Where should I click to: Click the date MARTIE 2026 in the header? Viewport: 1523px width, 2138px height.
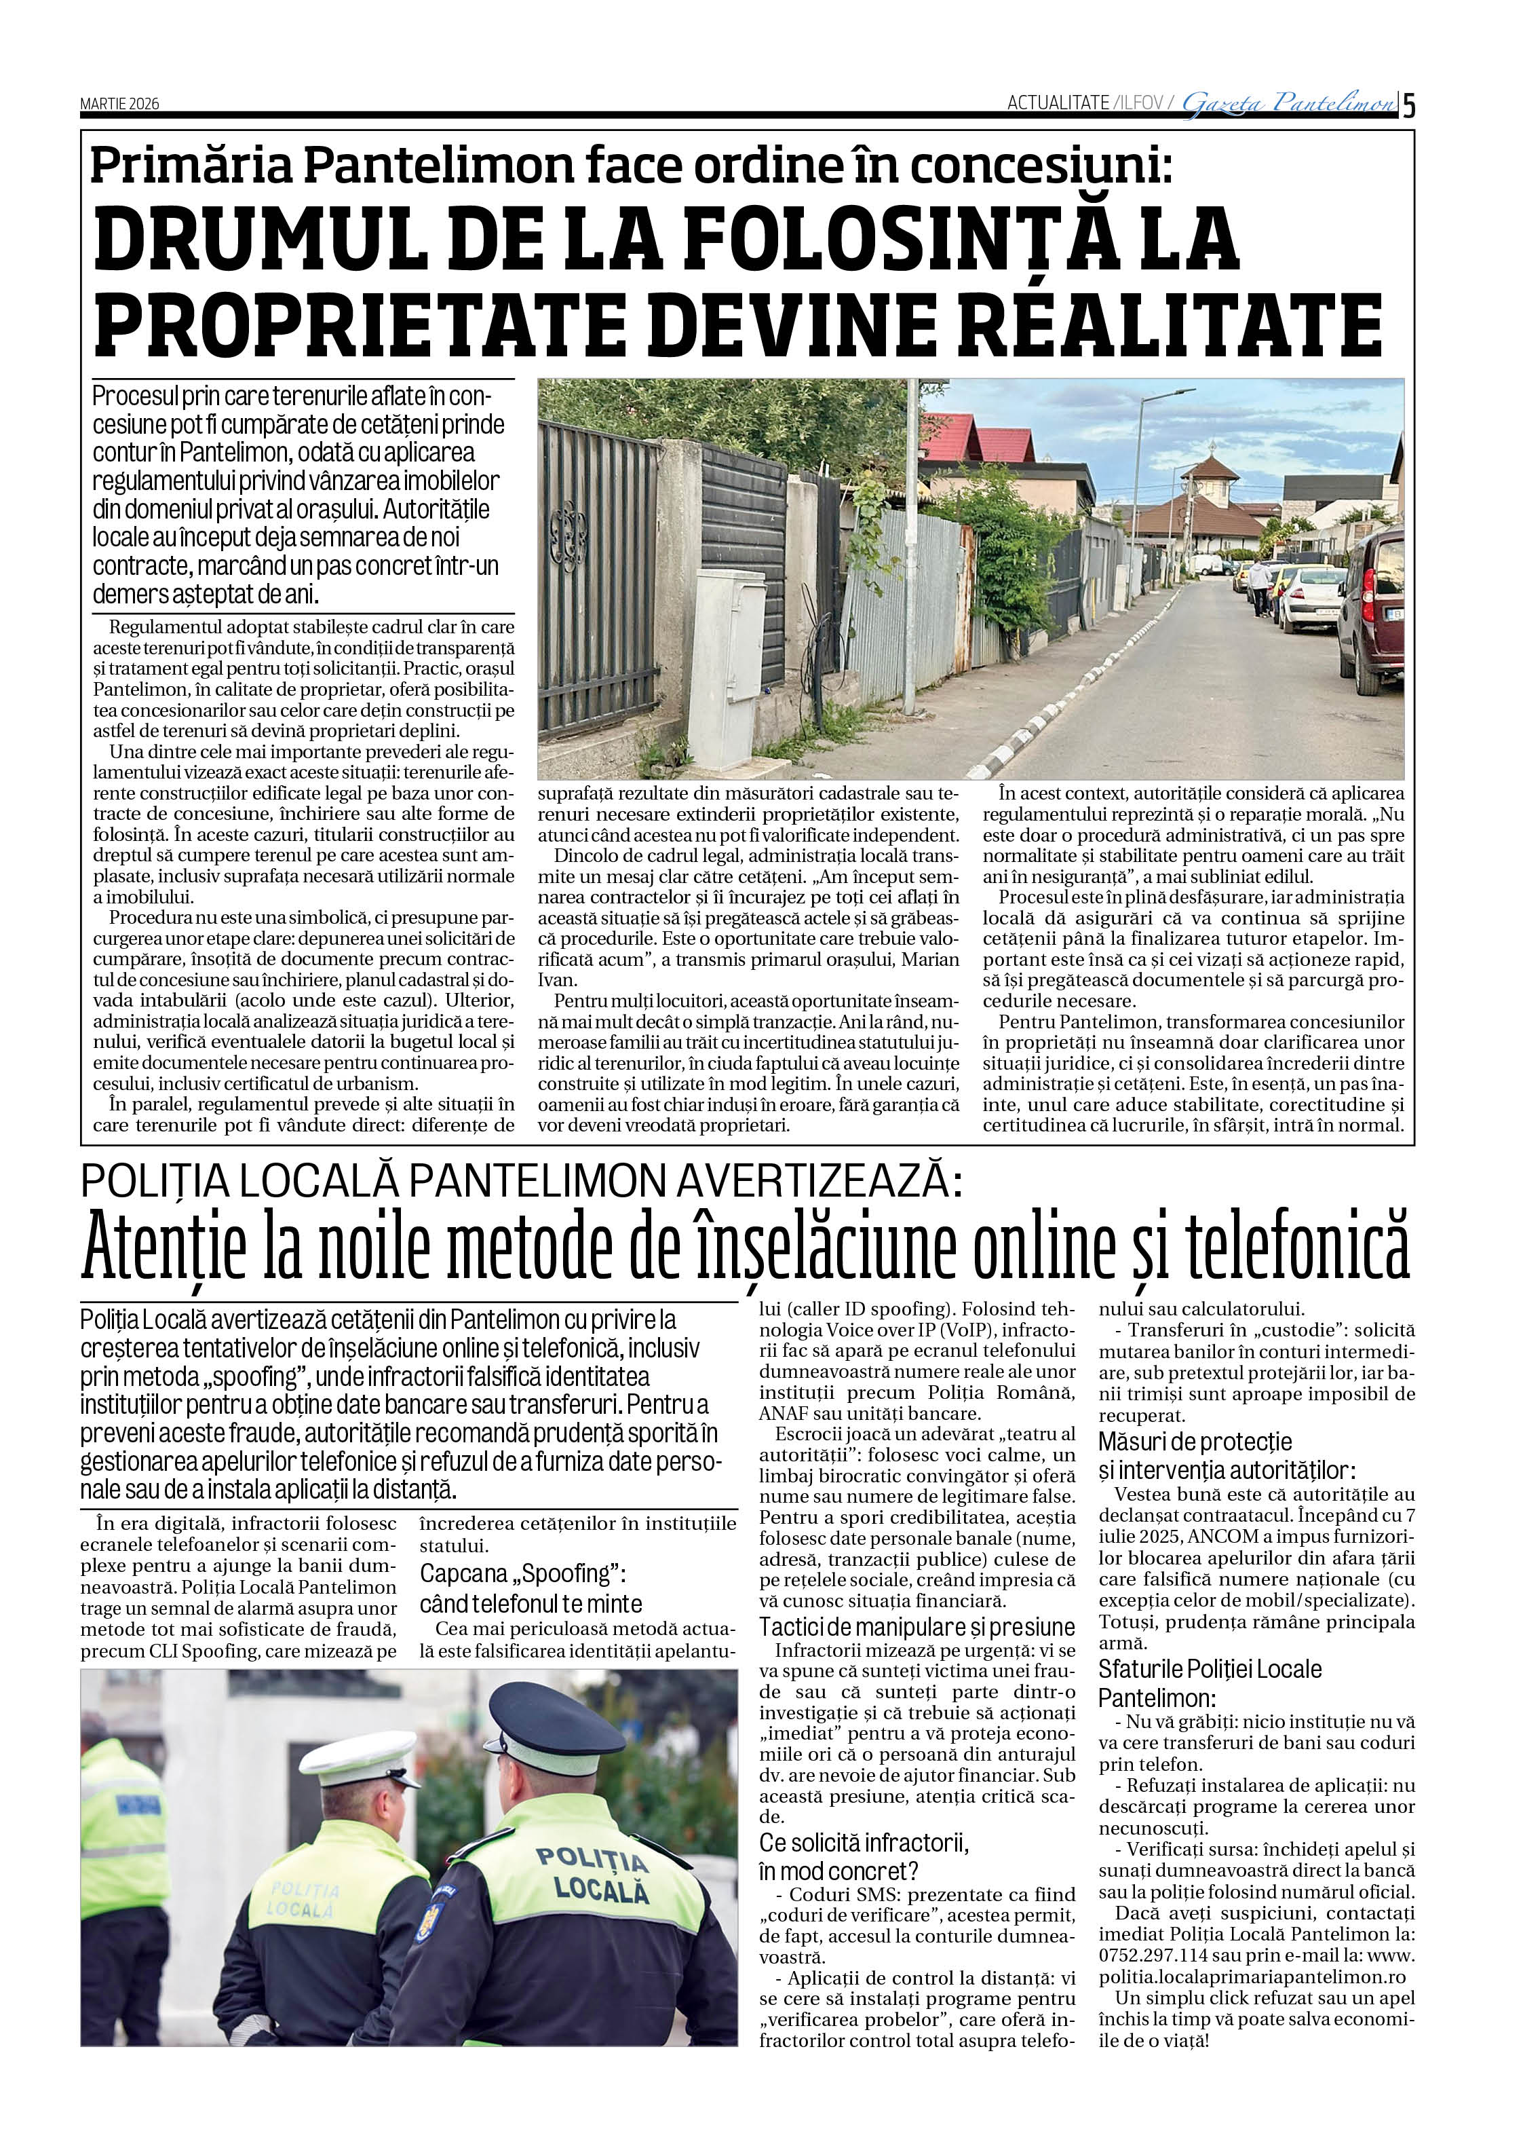pyautogui.click(x=119, y=104)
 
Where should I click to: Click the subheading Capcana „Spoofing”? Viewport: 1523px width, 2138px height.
pyautogui.click(x=522, y=1573)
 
